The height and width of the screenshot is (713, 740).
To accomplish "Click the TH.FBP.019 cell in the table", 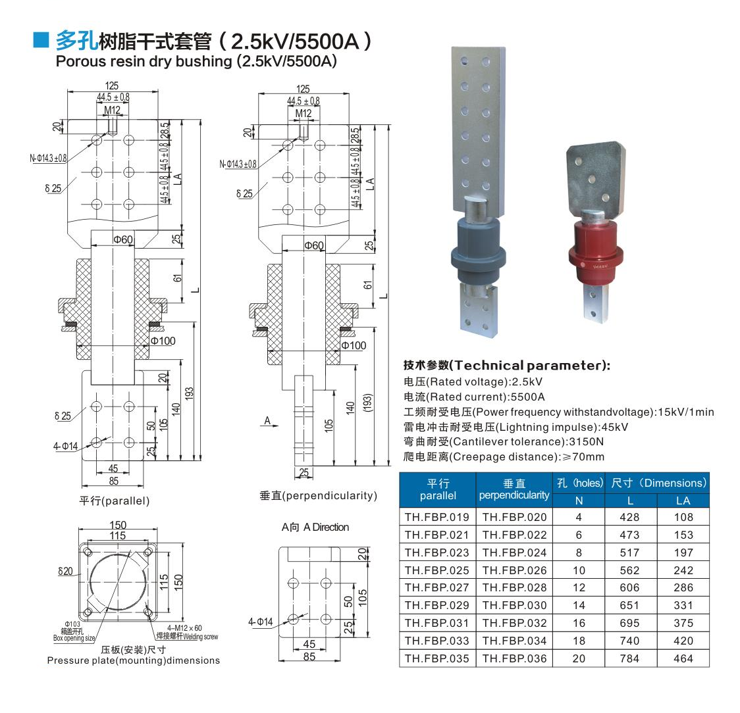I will (437, 518).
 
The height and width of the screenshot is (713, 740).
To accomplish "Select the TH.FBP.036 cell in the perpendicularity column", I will (514, 658).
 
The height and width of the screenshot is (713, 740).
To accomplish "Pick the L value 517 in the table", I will (629, 553).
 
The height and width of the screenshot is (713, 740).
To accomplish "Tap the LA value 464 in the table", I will (683, 658).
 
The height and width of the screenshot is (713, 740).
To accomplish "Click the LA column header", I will (683, 501).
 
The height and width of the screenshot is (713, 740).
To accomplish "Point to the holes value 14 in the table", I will (579, 605).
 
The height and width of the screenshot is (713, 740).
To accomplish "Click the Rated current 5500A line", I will (474, 397).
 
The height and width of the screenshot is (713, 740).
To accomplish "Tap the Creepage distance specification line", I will (504, 456).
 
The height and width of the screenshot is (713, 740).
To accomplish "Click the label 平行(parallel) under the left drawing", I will (115, 501).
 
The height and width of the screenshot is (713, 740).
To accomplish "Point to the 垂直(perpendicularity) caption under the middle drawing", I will (318, 496).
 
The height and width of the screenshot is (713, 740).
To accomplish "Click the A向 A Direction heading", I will (315, 528).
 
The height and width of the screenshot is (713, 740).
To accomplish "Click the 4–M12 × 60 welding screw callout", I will (186, 632).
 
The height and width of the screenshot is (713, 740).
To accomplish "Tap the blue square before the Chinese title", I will (42, 41).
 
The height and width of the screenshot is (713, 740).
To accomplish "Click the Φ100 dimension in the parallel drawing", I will (163, 341).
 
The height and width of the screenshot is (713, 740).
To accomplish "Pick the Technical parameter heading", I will (507, 365).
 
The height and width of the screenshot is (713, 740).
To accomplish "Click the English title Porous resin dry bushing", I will (196, 62).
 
